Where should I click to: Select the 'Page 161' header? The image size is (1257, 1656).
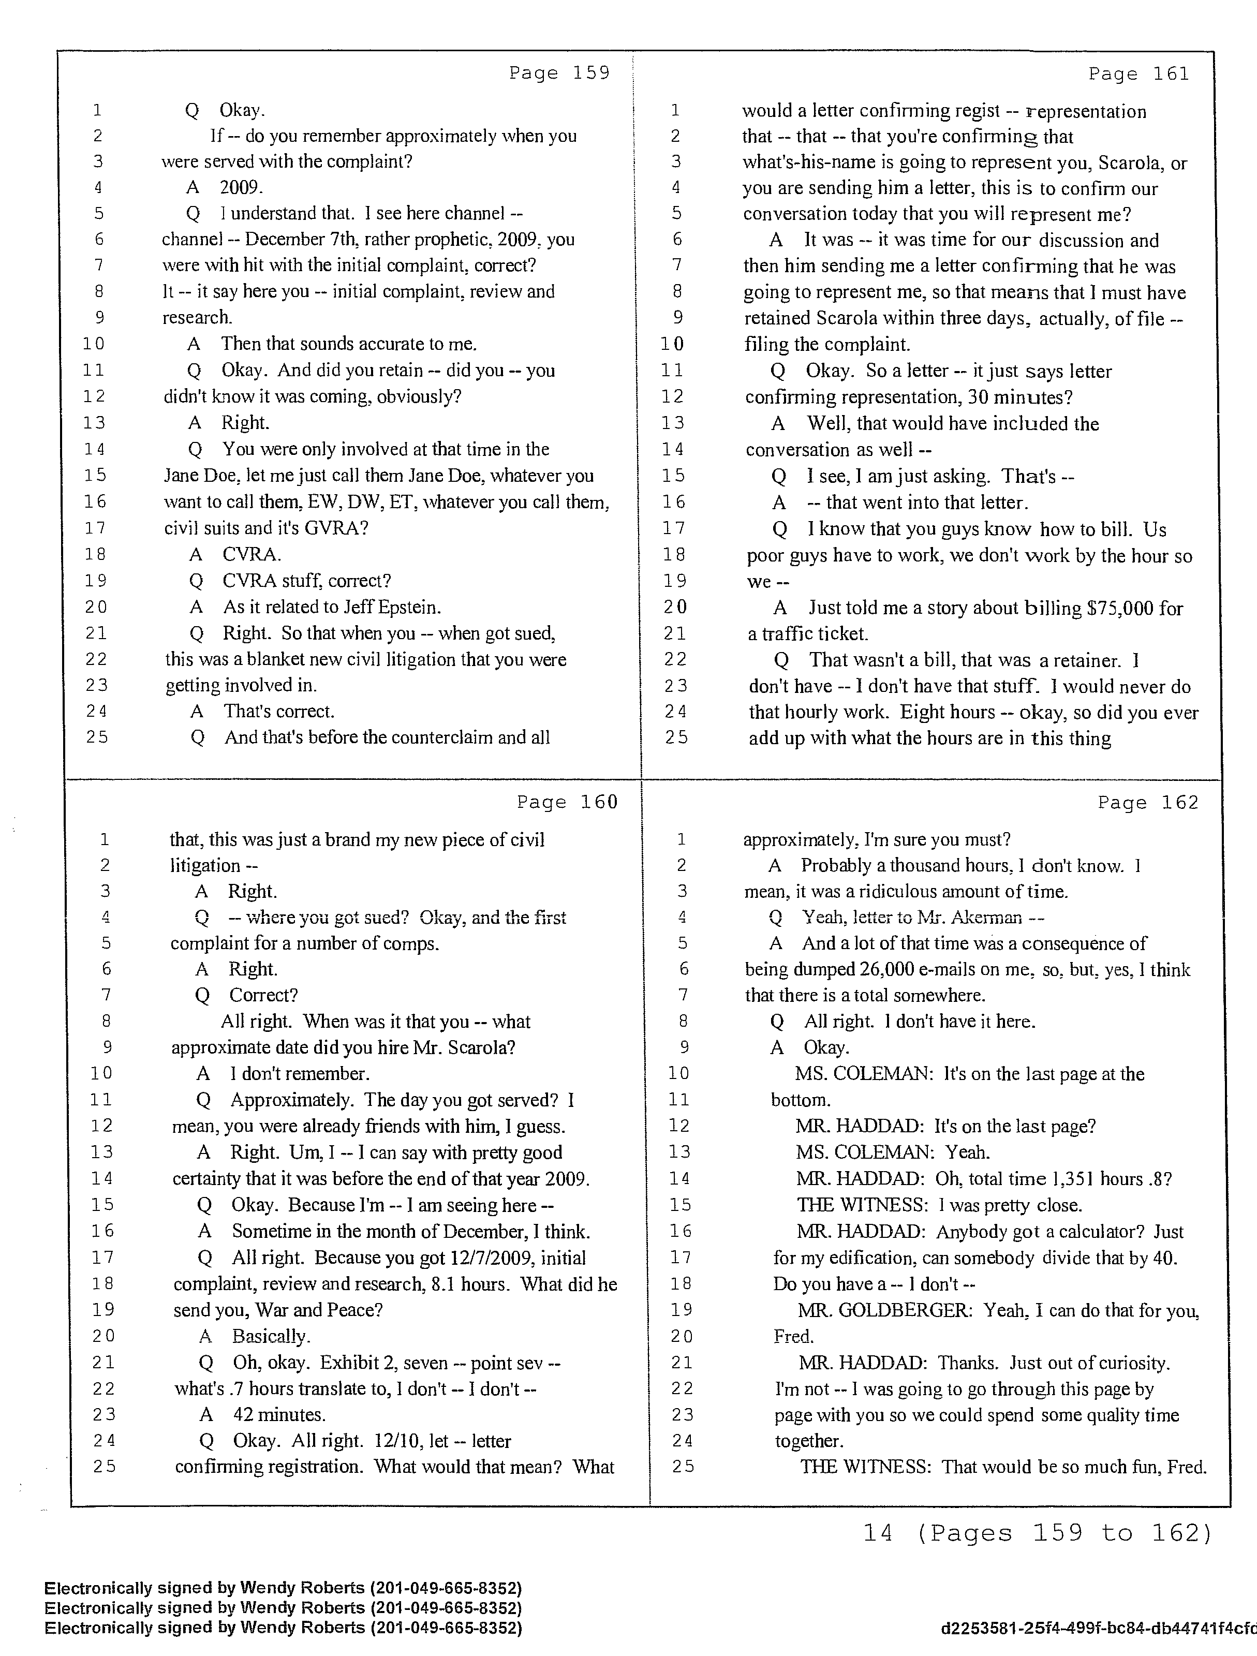[1138, 73]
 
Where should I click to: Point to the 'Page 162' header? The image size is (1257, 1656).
[1148, 803]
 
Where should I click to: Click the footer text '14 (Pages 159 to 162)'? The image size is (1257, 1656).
[1037, 1533]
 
